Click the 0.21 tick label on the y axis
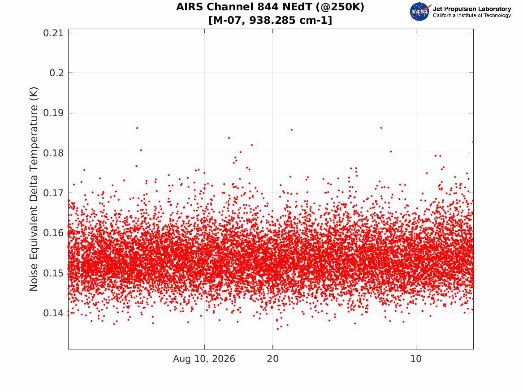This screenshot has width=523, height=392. (x=53, y=33)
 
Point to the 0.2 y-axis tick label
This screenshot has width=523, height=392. (x=57, y=73)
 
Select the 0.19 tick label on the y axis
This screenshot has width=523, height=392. (x=53, y=113)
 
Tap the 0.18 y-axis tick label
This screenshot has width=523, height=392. (x=53, y=153)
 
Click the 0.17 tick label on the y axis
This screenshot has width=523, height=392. (x=53, y=193)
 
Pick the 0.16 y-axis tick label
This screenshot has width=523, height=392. (x=53, y=233)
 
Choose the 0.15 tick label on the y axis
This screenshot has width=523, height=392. (x=53, y=273)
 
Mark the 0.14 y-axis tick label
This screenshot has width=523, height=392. (x=53, y=313)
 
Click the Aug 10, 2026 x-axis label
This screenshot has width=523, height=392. (x=204, y=359)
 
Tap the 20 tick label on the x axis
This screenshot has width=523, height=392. (x=273, y=359)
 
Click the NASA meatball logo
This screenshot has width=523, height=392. (x=420, y=12)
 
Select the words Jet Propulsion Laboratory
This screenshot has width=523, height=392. (x=471, y=9)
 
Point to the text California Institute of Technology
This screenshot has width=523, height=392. (x=471, y=15)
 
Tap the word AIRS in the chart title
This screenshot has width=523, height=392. (x=189, y=7)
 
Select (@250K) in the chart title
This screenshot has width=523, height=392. (x=340, y=7)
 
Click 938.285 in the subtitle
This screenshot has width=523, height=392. (x=272, y=20)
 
